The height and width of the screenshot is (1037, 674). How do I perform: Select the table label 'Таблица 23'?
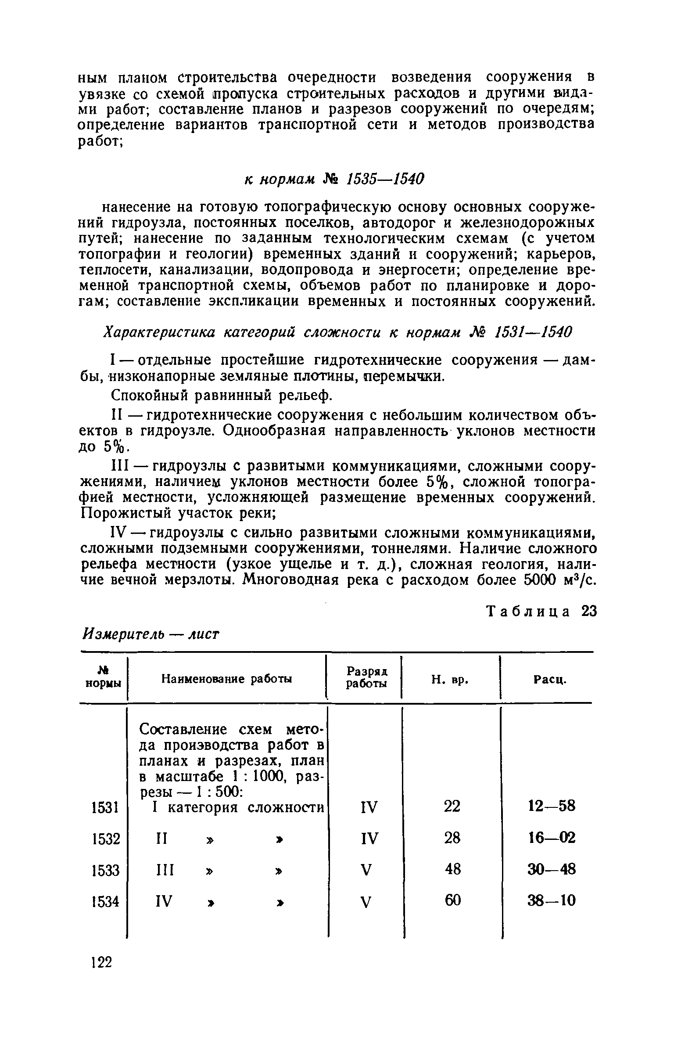[542, 612]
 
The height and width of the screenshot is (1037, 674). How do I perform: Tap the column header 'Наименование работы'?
[226, 679]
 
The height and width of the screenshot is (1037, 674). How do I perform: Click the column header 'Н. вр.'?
[450, 680]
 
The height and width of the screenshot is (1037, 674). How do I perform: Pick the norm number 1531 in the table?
[104, 807]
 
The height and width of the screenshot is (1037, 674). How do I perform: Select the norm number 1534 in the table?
[104, 902]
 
